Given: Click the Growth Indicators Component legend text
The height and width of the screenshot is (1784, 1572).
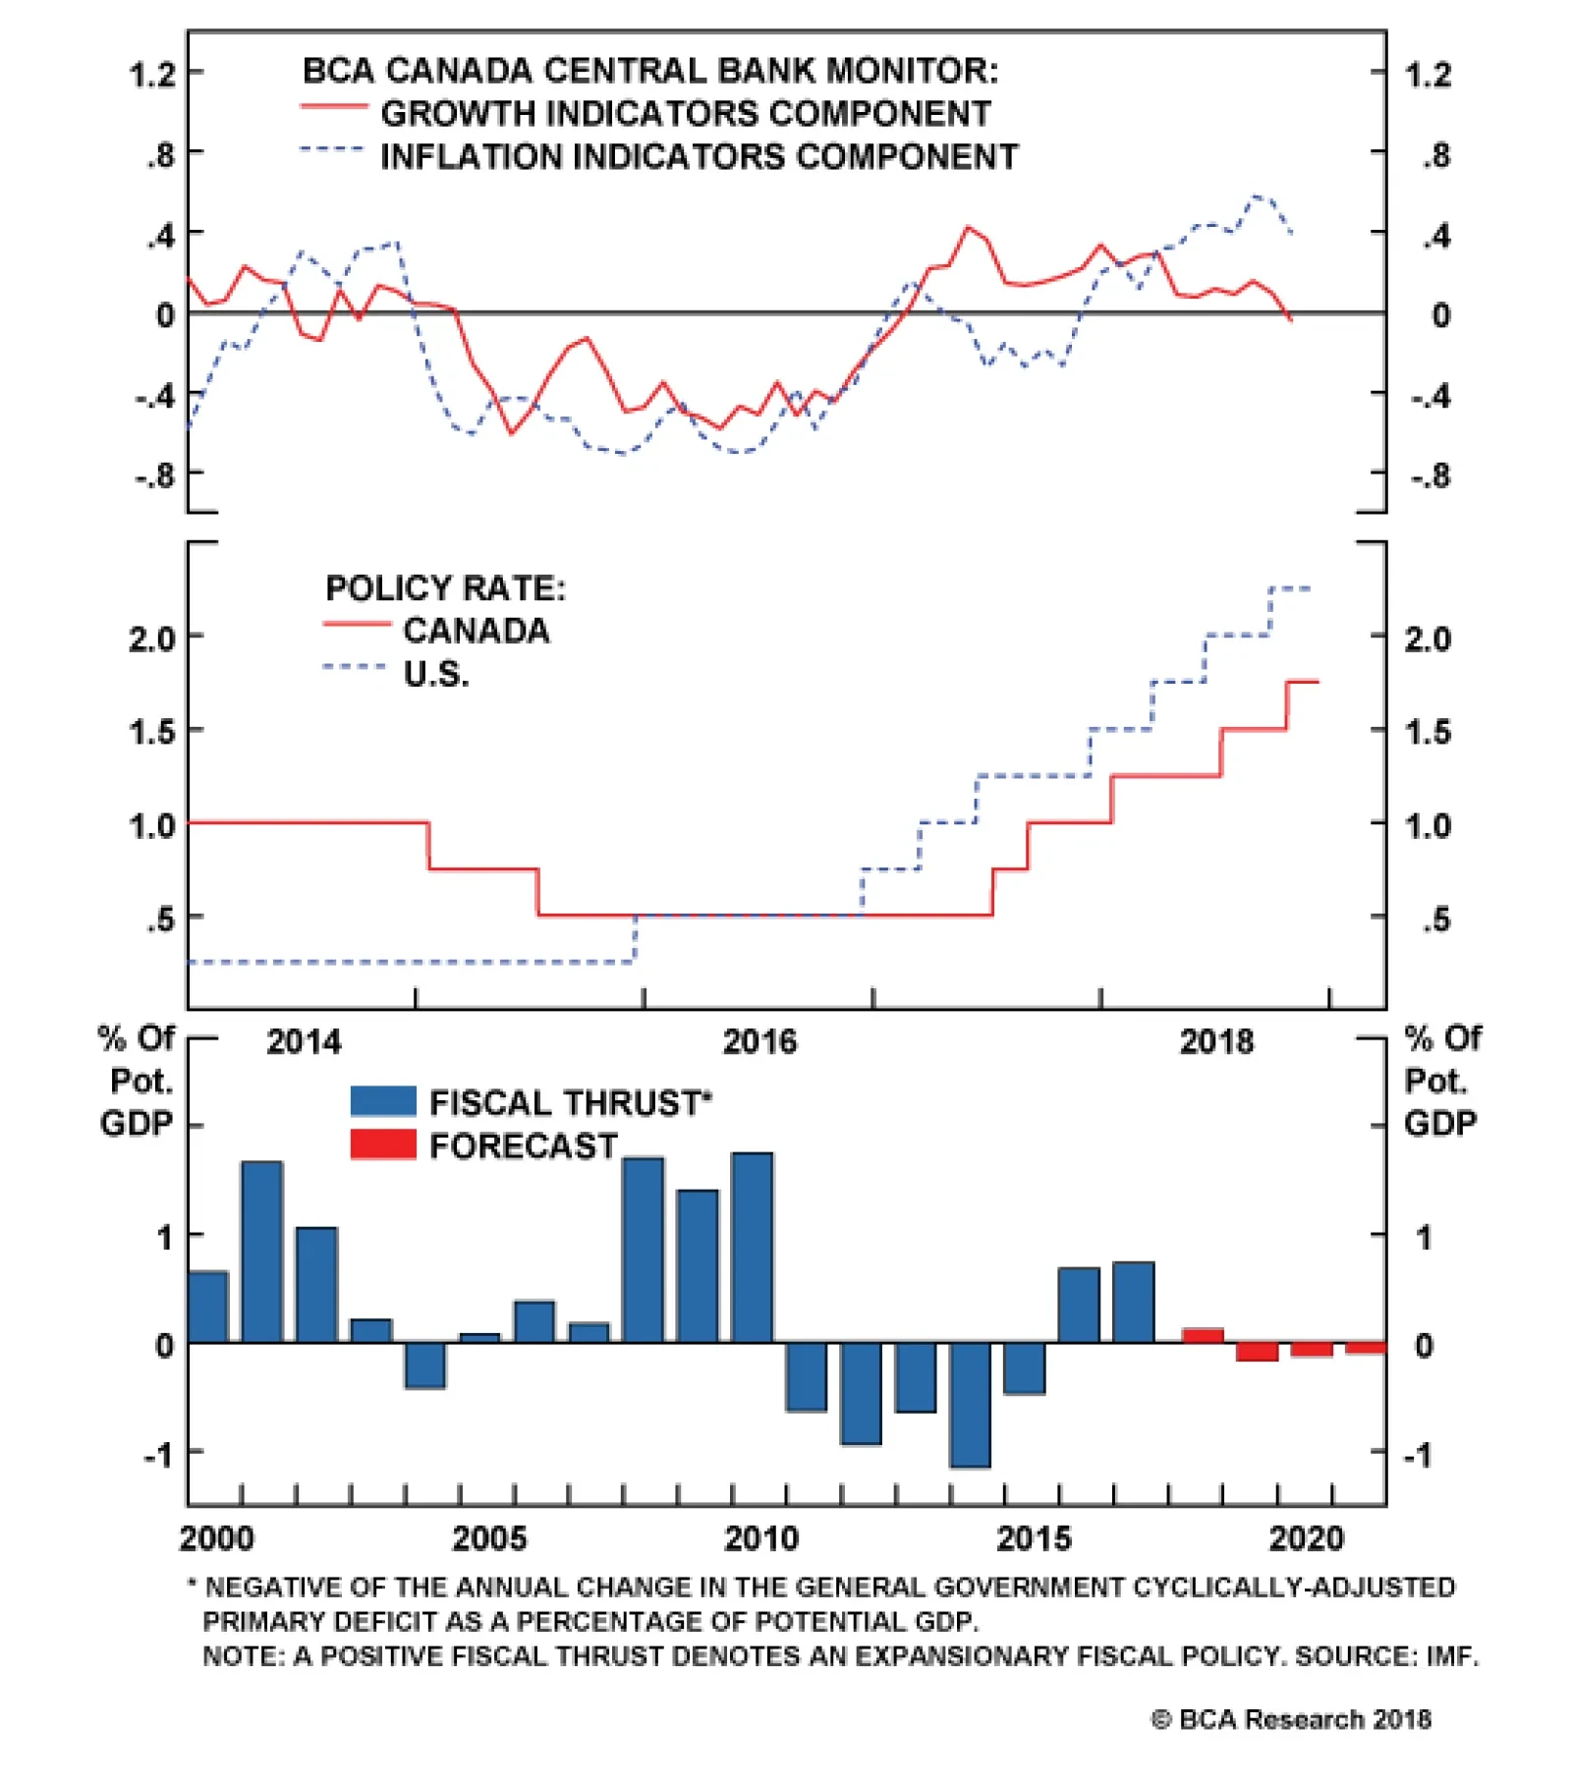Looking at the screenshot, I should pos(686,114).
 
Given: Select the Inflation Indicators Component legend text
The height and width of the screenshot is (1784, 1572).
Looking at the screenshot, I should pos(699,157).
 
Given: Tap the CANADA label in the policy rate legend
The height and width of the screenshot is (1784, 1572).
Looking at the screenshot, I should pos(477,631).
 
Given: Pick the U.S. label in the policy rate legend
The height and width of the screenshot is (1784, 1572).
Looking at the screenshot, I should pos(436,674).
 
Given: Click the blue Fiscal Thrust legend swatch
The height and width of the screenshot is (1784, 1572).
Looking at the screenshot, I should pos(383,1101).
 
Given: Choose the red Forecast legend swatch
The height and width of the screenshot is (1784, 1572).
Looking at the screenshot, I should pos(383,1144).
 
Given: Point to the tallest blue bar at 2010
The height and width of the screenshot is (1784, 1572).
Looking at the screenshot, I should pos(753,1248).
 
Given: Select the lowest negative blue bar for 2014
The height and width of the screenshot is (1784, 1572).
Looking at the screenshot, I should pos(971,1405).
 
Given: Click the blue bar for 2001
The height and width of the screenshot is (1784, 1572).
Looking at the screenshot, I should pos(262,1252).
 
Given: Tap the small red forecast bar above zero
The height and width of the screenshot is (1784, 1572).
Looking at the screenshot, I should pos(1203,1335).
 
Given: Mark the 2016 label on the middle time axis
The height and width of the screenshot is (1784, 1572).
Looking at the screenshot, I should pos(759,1041).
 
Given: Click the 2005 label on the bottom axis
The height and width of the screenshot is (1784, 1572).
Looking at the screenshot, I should pos(488,1538).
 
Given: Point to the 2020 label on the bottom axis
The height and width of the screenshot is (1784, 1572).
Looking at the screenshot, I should pos(1306,1538).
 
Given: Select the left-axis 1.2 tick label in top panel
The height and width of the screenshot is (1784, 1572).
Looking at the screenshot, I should pos(152,75).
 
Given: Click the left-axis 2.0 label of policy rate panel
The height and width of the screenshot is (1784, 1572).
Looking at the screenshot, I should pos(152,640).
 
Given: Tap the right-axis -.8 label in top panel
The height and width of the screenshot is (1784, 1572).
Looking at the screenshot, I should pos(1431,476).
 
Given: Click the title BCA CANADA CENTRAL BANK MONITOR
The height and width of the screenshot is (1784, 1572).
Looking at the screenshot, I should pos(649,71).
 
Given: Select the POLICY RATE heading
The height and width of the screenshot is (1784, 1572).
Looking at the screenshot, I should pos(445,588).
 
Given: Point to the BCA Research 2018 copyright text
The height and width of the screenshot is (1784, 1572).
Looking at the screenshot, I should pos(1291,1719).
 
